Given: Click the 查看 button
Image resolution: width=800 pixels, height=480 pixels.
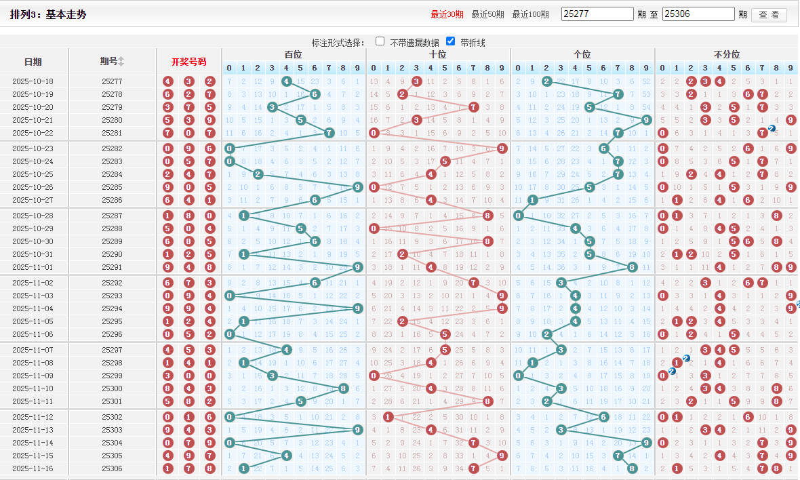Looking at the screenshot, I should [x=769, y=14].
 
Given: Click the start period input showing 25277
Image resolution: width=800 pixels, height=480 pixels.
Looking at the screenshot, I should [x=597, y=14].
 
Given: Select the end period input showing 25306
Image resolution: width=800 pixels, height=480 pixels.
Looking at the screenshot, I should [x=698, y=14].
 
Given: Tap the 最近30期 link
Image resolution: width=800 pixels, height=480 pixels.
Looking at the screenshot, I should [x=447, y=14].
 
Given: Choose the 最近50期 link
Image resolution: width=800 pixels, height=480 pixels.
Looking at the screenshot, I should [x=488, y=14].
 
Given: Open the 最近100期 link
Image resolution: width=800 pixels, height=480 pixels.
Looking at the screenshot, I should [x=530, y=14].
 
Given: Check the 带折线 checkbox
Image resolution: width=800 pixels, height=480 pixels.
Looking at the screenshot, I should [x=451, y=41].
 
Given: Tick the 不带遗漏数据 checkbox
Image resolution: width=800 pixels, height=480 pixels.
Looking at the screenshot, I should [x=380, y=41].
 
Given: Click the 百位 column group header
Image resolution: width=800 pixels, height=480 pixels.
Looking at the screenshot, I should [x=293, y=54].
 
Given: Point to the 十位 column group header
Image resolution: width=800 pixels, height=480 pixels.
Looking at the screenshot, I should [x=438, y=54].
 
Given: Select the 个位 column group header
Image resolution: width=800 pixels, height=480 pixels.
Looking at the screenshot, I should [x=582, y=54].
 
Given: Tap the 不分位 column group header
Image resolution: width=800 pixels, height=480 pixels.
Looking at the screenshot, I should [x=727, y=54].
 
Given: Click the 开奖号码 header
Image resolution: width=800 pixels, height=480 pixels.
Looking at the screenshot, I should [x=188, y=62].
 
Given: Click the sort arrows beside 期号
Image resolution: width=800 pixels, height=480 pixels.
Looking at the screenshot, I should [x=121, y=62].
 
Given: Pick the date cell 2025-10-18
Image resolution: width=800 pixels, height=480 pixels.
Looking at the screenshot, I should [x=33, y=81].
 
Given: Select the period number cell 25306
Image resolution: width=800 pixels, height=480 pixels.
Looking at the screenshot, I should [x=112, y=468].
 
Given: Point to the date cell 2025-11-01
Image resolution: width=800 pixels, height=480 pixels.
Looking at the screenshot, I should [x=33, y=267].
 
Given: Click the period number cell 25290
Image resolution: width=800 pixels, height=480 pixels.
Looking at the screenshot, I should [x=112, y=254].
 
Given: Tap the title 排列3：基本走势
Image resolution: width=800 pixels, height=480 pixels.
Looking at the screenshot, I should [x=48, y=14].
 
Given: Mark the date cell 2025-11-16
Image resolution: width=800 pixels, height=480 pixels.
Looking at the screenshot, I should [x=33, y=468].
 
